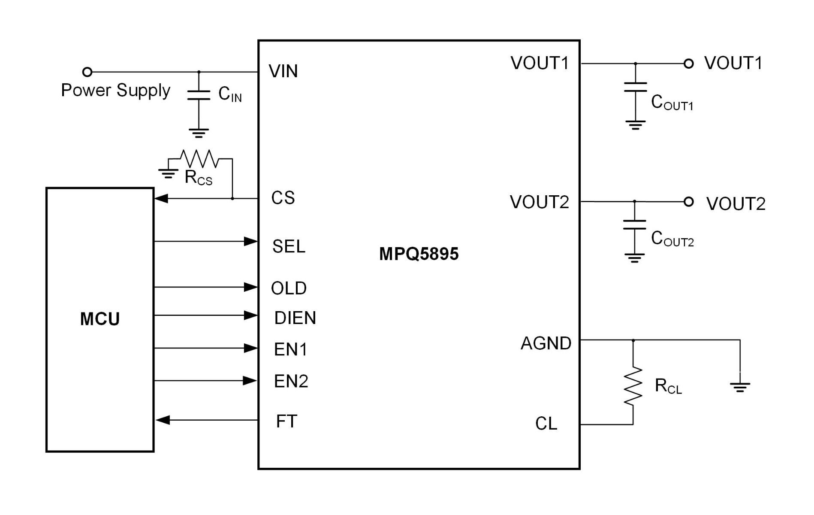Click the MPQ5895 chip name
[x=419, y=254]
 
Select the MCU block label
[x=100, y=319]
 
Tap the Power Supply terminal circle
[x=87, y=72]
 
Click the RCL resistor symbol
[x=633, y=386]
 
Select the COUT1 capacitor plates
[x=635, y=87]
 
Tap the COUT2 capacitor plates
[x=634, y=224]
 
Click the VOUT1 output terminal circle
[x=688, y=64]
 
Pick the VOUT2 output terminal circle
[x=688, y=201]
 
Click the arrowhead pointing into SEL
[x=250, y=241]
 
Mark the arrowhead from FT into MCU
[x=163, y=420]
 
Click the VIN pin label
[x=283, y=71]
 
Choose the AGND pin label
[x=546, y=343]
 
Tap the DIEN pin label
[x=295, y=318]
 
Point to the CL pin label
[x=546, y=424]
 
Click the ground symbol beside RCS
[x=168, y=173]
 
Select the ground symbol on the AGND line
[x=740, y=388]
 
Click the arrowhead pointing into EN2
[x=250, y=380]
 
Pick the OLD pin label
[x=289, y=288]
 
